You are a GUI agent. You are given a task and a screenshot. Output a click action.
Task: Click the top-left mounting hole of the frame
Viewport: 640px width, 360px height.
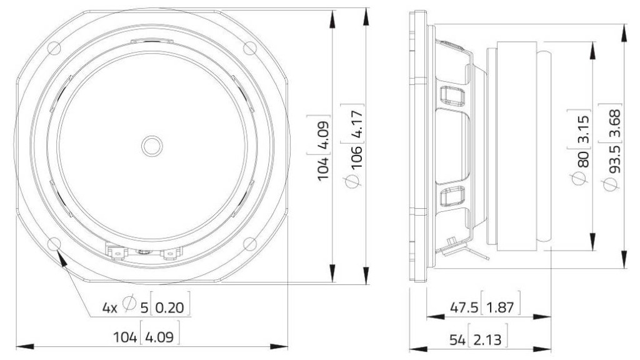click(x=54, y=47)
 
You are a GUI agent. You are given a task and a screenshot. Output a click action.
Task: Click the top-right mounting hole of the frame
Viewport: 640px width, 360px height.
click(x=250, y=47)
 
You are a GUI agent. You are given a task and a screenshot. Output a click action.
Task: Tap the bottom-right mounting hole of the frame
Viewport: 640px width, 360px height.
click(x=250, y=244)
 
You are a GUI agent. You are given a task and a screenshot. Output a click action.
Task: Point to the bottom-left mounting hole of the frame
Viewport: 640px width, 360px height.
click(x=54, y=244)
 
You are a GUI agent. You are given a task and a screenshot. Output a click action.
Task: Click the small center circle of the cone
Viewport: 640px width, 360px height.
click(x=152, y=146)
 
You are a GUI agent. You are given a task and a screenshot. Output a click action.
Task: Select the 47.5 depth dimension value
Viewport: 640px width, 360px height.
click(x=464, y=307)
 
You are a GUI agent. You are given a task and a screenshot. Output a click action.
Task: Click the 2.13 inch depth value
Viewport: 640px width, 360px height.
click(x=487, y=339)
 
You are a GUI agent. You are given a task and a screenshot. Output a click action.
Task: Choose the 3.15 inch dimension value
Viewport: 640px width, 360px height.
click(x=583, y=129)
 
